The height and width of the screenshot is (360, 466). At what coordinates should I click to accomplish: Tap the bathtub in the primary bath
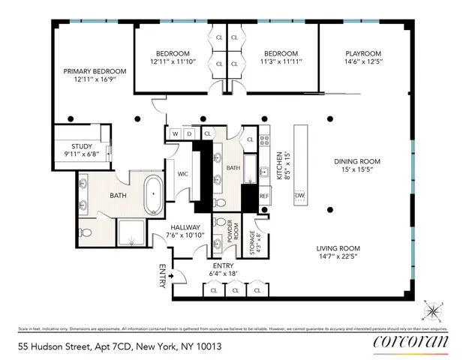click(x=153, y=193)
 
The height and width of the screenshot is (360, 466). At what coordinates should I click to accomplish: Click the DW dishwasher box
click(x=300, y=196)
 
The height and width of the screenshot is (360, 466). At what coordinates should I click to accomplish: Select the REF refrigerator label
click(x=263, y=196)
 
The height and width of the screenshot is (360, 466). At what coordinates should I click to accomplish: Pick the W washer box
click(x=175, y=134)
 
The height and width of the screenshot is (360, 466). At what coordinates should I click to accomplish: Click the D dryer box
click(x=189, y=134)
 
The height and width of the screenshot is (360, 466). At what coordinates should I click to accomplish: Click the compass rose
click(x=433, y=308)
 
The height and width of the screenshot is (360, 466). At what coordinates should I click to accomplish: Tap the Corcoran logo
click(x=410, y=342)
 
